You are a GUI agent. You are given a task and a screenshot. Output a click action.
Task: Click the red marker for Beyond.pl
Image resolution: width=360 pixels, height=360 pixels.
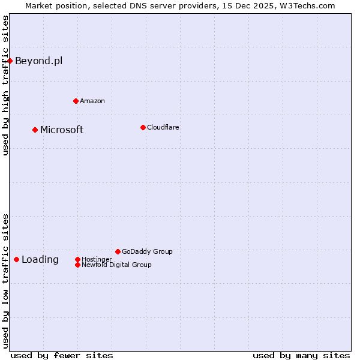(x=10, y=61)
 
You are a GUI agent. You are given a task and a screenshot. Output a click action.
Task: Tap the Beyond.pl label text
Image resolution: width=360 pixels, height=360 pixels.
(x=38, y=61)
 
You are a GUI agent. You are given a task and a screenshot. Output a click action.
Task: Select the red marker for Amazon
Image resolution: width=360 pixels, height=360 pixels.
(x=76, y=101)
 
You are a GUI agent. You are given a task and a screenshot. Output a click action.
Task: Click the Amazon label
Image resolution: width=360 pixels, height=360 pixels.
(x=92, y=101)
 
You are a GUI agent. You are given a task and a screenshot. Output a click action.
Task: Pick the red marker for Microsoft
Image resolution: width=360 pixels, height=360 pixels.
(x=35, y=130)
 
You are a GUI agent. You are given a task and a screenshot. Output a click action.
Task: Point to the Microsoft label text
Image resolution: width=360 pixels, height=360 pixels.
(x=62, y=130)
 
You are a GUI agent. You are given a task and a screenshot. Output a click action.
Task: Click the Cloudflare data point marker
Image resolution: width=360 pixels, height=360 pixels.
(x=143, y=127)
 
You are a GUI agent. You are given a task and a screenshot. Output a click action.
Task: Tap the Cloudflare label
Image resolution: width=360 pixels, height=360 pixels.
(x=163, y=127)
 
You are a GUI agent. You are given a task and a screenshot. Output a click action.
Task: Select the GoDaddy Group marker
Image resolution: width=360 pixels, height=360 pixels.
(x=118, y=251)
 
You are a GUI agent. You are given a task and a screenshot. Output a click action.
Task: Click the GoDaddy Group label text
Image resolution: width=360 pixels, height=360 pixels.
(x=147, y=251)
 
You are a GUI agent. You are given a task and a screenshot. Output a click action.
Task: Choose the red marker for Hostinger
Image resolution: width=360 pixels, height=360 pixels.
(x=77, y=259)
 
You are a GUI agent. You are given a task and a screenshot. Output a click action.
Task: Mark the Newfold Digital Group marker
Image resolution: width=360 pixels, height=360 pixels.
(x=77, y=265)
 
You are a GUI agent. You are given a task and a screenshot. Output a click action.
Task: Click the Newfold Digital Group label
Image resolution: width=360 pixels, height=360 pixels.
(x=116, y=265)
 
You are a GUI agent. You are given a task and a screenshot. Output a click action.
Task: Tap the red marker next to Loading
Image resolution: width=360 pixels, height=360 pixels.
(x=16, y=259)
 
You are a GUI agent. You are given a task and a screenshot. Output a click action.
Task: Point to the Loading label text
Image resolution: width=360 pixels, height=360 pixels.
(x=40, y=260)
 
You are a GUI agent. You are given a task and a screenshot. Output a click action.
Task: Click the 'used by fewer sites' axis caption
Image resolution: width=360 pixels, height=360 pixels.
(x=62, y=355)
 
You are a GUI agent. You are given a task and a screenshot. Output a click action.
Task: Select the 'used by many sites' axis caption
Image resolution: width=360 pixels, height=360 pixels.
(x=301, y=355)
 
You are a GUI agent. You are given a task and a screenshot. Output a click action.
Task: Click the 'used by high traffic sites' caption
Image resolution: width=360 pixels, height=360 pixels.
(x=5, y=85)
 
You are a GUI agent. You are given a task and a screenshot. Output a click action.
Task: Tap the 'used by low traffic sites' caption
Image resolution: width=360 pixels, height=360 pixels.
(x=5, y=281)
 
